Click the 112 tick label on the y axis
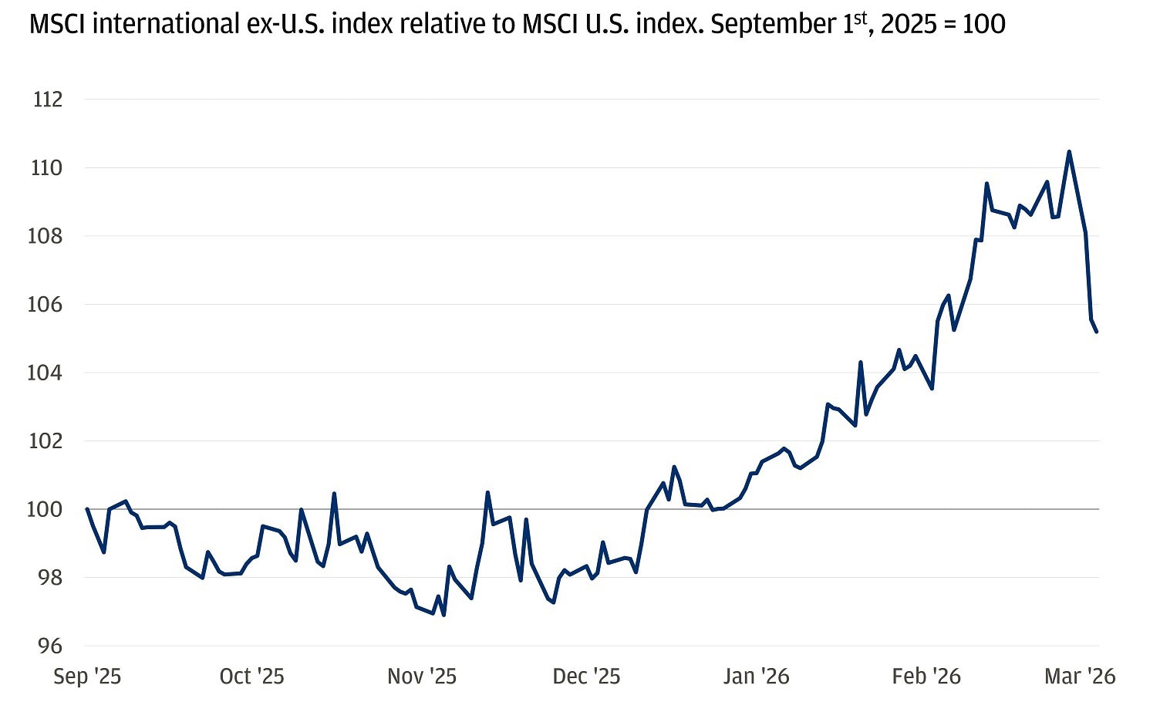tap(47, 100)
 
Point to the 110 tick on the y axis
tap(46, 167)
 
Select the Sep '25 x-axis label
tap(87, 677)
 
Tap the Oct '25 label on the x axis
tap(251, 677)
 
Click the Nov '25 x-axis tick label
tap(421, 677)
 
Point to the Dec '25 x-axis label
tap(586, 677)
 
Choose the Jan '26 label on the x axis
tap(756, 677)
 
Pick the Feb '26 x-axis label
tap(926, 677)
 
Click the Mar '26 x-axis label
tap(1079, 677)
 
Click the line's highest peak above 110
tap(1068, 152)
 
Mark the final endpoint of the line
tap(1097, 332)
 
